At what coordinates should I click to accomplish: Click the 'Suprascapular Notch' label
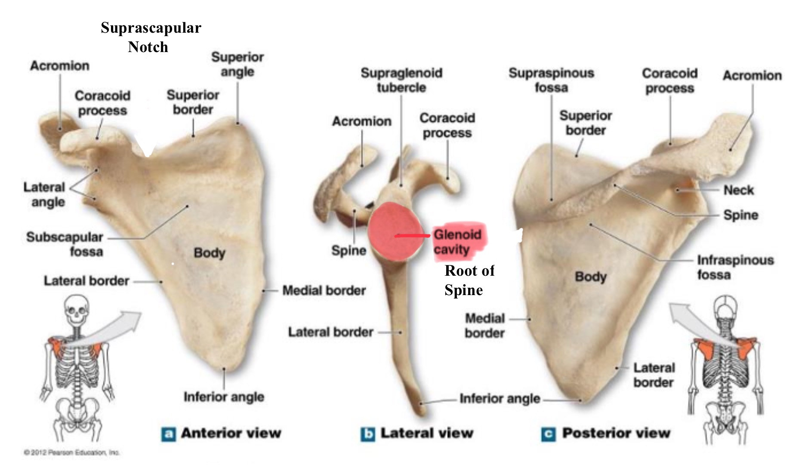tap(151, 37)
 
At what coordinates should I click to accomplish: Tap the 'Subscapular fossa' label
tap(65, 244)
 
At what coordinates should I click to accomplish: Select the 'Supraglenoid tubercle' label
tap(401, 80)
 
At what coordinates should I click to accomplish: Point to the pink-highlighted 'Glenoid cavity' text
tap(457, 242)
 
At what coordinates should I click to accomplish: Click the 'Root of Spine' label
tap(469, 280)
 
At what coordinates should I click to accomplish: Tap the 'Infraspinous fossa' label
tap(735, 267)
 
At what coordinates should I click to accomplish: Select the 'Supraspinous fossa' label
tap(551, 80)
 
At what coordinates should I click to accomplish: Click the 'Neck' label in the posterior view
tap(738, 190)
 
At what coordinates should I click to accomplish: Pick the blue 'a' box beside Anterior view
tap(168, 434)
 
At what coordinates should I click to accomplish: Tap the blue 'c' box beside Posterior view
tap(548, 434)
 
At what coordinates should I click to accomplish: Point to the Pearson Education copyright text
tap(71, 453)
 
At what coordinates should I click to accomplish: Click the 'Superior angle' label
tap(237, 64)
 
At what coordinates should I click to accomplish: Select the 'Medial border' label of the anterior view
tap(324, 290)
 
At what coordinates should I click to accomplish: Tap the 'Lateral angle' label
tap(44, 194)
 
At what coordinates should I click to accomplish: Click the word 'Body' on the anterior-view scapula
tap(210, 252)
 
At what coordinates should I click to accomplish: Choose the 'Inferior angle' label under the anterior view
tap(224, 397)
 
